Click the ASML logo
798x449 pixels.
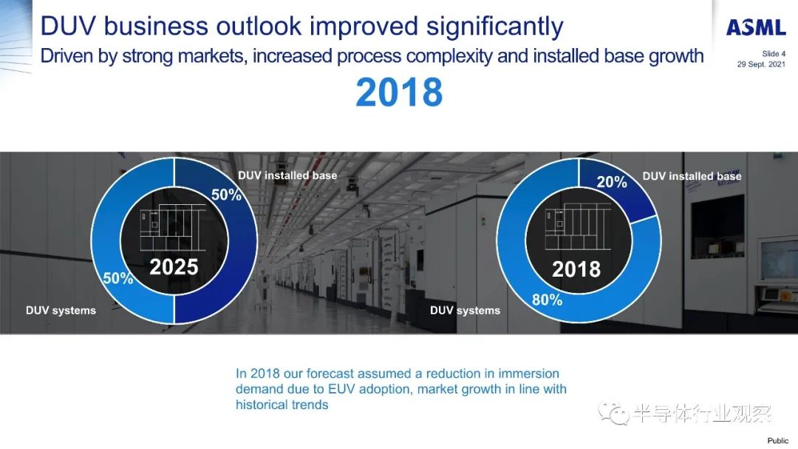(756, 27)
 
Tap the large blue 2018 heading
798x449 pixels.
(399, 92)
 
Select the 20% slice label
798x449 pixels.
(612, 182)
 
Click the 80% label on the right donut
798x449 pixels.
(547, 300)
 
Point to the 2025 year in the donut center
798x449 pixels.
(174, 267)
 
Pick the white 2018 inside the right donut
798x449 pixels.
(576, 269)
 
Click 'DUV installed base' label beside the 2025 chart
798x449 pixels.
(287, 175)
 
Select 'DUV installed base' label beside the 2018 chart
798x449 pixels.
(692, 176)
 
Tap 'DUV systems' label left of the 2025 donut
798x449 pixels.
(61, 311)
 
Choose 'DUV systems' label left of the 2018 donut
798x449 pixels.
(465, 311)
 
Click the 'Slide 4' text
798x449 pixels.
(774, 53)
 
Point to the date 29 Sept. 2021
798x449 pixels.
(761, 64)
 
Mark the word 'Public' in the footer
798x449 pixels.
(778, 440)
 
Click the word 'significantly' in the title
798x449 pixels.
(494, 27)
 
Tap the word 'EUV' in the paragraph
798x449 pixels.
(341, 389)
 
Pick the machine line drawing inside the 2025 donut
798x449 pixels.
(173, 227)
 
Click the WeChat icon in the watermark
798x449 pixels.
(614, 413)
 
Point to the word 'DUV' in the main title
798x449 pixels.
(68, 27)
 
